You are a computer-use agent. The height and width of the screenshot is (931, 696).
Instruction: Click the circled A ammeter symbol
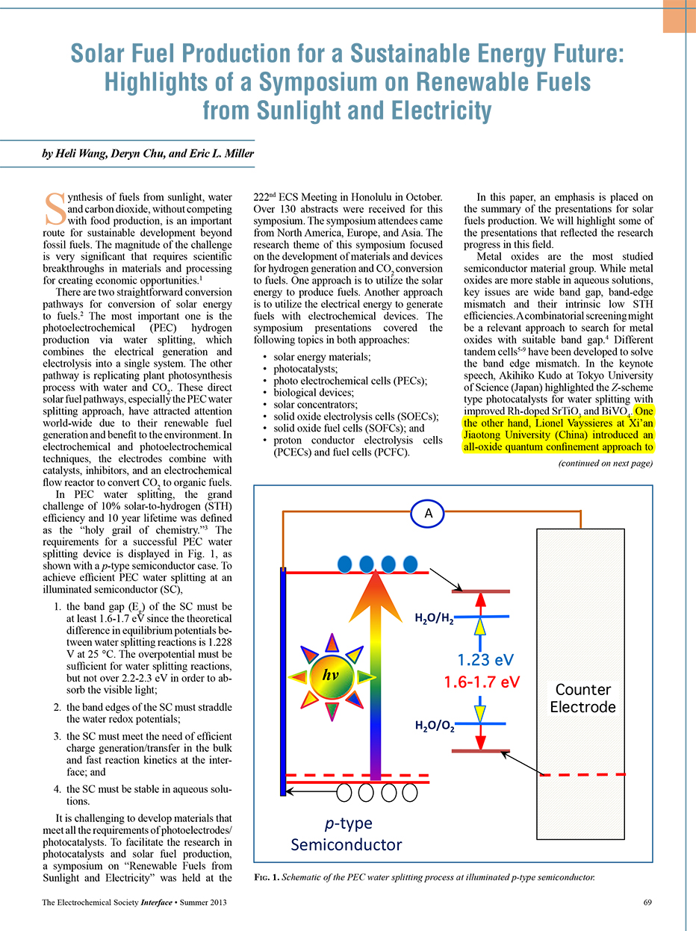(429, 513)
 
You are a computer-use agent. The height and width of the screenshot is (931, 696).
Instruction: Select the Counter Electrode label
(582, 697)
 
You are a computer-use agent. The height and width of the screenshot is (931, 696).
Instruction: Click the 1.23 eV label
(485, 659)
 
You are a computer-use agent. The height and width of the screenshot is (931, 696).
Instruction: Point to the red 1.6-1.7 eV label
(482, 682)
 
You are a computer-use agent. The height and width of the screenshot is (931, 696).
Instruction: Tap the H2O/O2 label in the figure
(435, 725)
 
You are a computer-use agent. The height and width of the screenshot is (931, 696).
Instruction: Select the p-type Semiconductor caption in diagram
(346, 834)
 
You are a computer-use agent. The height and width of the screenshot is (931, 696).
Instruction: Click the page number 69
(647, 903)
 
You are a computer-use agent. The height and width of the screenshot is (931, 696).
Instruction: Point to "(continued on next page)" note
(606, 464)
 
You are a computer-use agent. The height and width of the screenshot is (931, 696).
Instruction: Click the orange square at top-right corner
(680, 16)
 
